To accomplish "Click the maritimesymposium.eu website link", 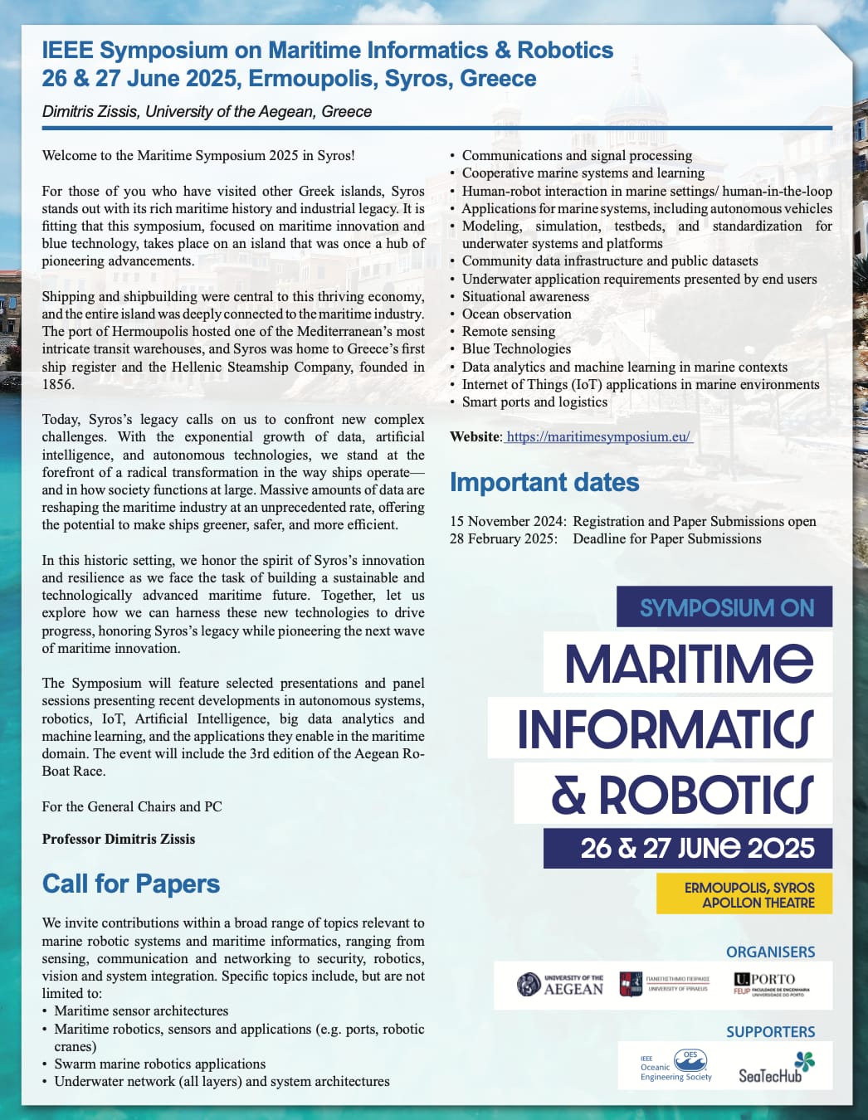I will tap(597, 436).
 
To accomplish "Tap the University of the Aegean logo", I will tap(560, 985).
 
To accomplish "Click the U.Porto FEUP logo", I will tap(771, 984).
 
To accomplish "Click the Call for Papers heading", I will tap(131, 884).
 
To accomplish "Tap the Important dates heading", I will tap(544, 482).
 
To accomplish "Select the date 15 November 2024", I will tap(508, 521).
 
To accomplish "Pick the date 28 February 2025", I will tap(504, 538).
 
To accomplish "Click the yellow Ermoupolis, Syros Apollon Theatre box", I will tap(744, 894).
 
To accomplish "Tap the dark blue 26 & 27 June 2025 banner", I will tap(687, 848).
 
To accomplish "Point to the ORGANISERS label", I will tap(770, 952).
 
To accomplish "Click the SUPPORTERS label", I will tap(770, 1031).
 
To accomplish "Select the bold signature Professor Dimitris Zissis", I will tap(119, 839).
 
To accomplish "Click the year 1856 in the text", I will tap(58, 384).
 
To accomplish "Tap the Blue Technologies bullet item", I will tap(516, 349).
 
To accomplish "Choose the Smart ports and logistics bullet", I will tap(534, 402).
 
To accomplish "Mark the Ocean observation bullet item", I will tap(516, 314).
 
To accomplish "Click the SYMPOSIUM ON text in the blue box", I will tap(726, 607).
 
